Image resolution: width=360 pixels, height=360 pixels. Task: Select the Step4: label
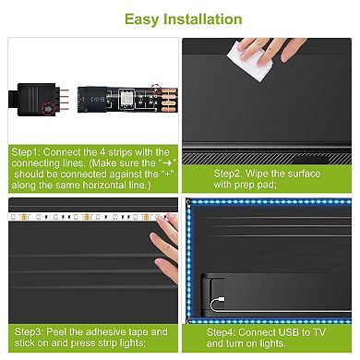[x=225, y=330]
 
